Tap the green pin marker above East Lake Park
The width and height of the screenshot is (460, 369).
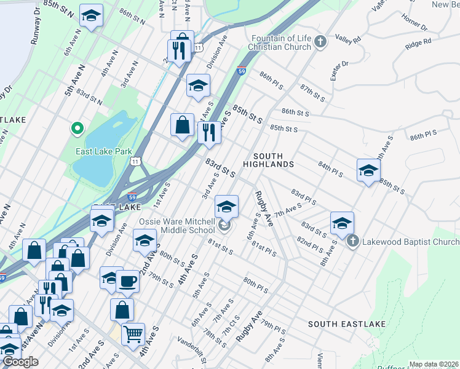click(77, 129)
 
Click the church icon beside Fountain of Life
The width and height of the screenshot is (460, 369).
click(320, 42)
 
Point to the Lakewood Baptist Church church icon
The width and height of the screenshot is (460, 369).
click(352, 240)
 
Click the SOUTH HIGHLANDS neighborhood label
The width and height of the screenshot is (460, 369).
click(268, 160)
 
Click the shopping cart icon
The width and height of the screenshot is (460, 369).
click(133, 335)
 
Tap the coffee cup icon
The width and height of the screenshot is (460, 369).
click(127, 281)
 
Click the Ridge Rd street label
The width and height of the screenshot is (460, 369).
click(418, 44)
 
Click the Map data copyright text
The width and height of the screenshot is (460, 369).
click(434, 364)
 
